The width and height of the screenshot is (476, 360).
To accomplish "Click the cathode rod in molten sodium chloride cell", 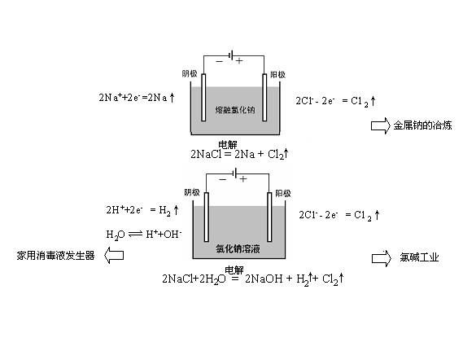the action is [203, 97].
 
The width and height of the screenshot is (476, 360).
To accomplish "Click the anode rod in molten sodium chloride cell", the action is [264, 97].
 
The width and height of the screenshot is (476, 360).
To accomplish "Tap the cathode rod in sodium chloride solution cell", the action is [207, 217].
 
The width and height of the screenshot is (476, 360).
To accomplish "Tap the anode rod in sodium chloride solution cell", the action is [269, 217].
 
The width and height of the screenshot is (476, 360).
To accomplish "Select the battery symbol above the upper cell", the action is [232, 55].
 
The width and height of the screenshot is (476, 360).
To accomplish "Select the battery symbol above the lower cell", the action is [234, 173].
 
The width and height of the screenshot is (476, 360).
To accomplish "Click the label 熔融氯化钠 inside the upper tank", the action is [235, 110].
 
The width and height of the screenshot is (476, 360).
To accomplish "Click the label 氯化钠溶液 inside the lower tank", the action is [238, 248].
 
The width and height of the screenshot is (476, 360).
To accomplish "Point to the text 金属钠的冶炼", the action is [422, 125].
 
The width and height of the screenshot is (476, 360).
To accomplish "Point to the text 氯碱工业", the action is [419, 257].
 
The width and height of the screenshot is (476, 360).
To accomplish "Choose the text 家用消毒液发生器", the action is [55, 256].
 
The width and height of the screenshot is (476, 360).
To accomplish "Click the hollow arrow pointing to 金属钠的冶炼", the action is [380, 125].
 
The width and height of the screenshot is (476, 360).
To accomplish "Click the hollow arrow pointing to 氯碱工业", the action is [382, 258].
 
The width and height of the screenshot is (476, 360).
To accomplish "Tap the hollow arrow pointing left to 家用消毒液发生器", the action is [114, 255].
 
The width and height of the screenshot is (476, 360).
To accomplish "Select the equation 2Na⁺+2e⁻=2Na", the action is [137, 97].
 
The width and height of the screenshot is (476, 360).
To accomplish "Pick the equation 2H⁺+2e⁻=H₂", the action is [142, 210].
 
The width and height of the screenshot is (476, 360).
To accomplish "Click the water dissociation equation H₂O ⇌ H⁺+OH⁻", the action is [144, 235].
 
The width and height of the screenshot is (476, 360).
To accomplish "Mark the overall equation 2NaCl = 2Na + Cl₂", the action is [239, 154].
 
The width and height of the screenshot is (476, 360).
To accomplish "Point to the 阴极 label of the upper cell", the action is [190, 73].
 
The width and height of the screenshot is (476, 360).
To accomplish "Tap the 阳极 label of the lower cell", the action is [283, 193].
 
